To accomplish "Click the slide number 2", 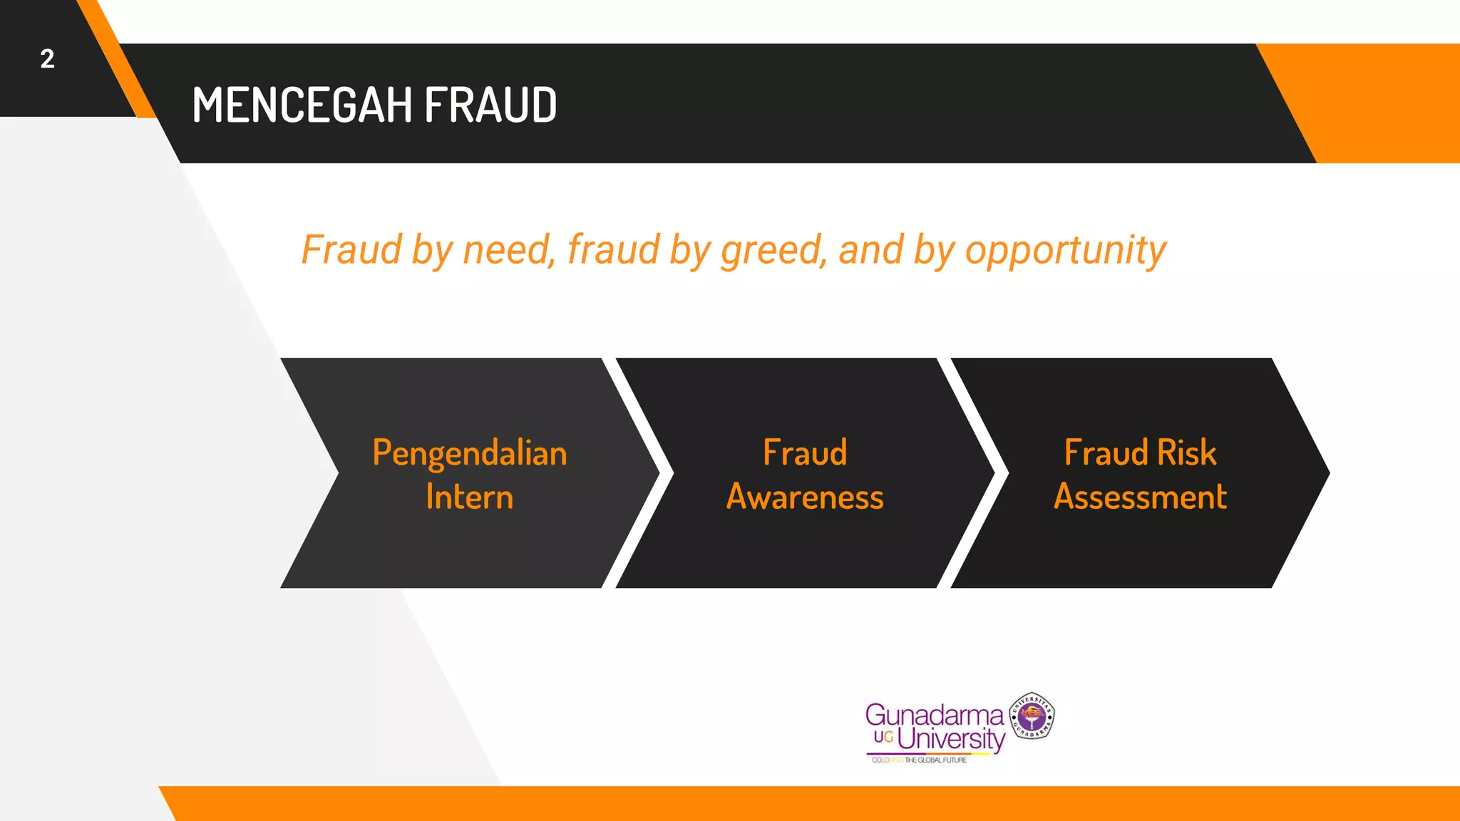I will (x=47, y=59).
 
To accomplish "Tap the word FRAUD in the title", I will (x=490, y=105).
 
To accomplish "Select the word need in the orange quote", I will (x=507, y=250).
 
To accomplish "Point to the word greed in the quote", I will (x=772, y=252).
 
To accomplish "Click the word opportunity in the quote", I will (x=1065, y=252).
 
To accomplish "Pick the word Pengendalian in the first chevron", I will (x=470, y=454).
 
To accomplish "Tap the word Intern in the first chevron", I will (x=470, y=497).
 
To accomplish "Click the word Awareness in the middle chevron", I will (x=805, y=497).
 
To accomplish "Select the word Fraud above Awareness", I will (x=805, y=453).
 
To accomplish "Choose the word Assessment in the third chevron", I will (x=1141, y=497).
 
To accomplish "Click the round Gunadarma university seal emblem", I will (x=1032, y=715).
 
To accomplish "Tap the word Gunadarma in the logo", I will (x=934, y=714).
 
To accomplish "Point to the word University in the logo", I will (x=951, y=738).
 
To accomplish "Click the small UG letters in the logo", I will (x=883, y=737).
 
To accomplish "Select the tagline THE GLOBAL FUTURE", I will (x=935, y=760).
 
